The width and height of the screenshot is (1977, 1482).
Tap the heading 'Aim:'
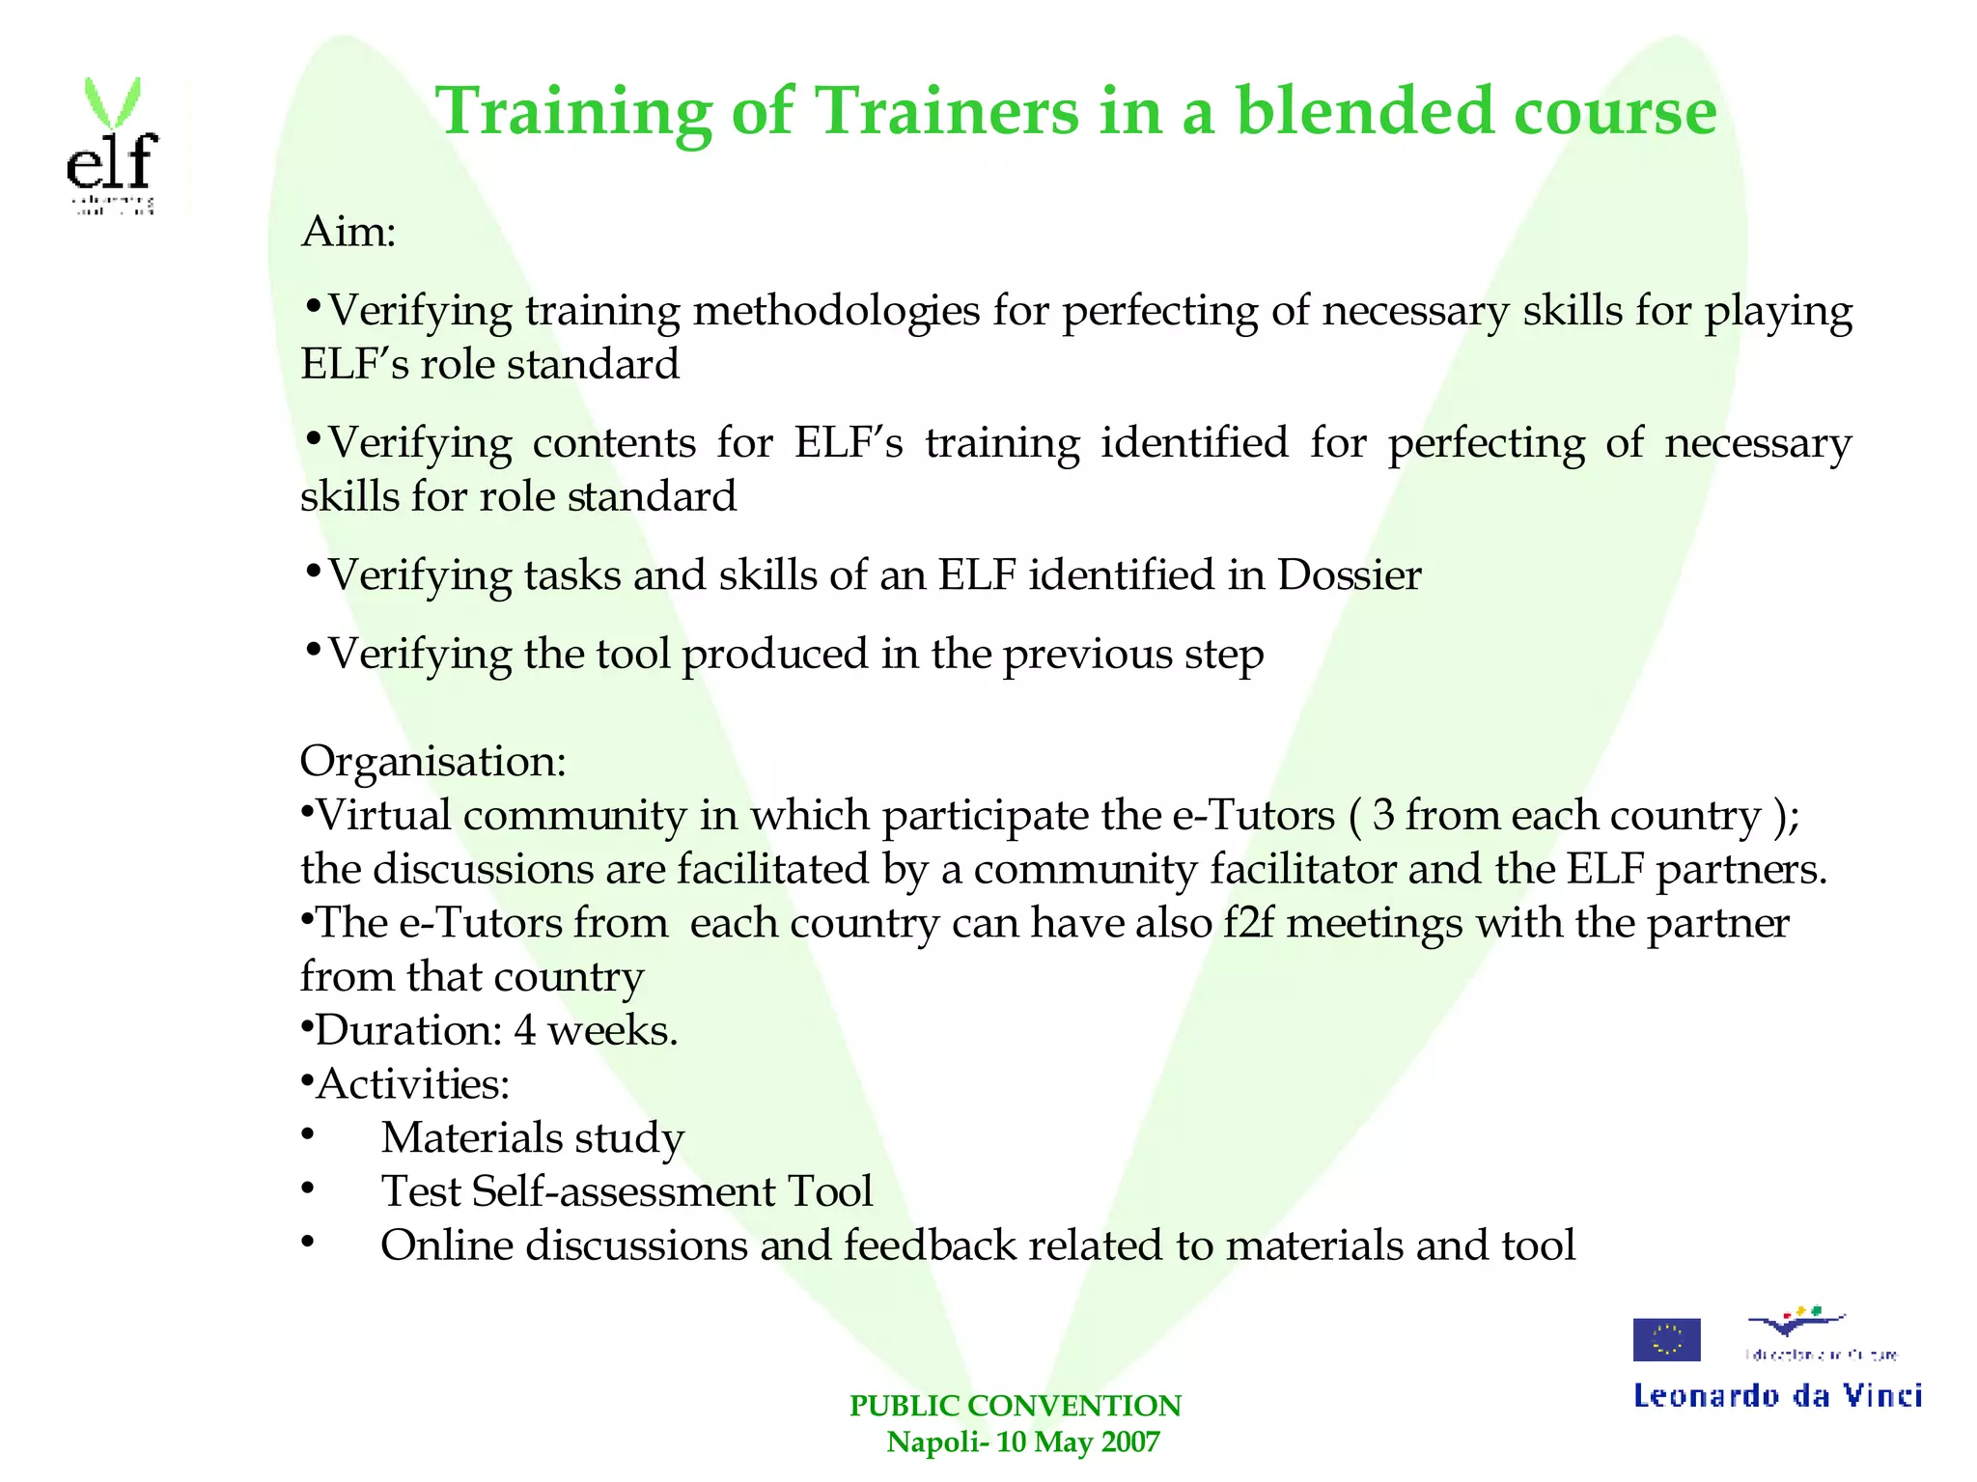pyautogui.click(x=348, y=232)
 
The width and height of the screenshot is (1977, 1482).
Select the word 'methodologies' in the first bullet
pyautogui.click(x=836, y=312)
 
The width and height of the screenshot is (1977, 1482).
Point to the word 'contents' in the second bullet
pyautogui.click(x=614, y=443)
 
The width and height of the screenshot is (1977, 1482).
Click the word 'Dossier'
pyautogui.click(x=1349, y=575)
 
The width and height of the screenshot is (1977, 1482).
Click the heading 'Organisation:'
pyautogui.click(x=432, y=761)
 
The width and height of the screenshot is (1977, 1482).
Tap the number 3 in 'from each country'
pyautogui.click(x=1382, y=816)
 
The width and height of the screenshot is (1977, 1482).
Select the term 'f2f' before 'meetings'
pyautogui.click(x=1249, y=923)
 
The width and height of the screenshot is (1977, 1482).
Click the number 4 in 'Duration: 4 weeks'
pyautogui.click(x=525, y=1030)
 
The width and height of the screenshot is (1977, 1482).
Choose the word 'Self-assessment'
pyautogui.click(x=624, y=1191)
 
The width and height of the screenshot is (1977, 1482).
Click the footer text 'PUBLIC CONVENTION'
pyautogui.click(x=1015, y=1406)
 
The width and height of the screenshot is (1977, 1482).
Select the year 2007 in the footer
pyautogui.click(x=1130, y=1442)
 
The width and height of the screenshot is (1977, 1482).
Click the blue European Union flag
pyautogui.click(x=1666, y=1339)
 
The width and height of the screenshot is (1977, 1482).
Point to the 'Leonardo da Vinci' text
pyautogui.click(x=1777, y=1396)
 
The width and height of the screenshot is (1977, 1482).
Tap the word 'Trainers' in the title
pyautogui.click(x=949, y=111)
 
